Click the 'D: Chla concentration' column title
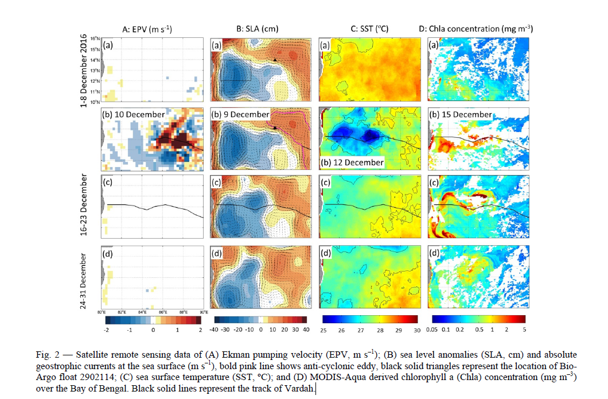coord(477,28)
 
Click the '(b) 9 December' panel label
coord(241,114)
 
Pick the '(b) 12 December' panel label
coord(351,162)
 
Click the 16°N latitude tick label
coord(95,38)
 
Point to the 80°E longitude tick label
coord(101,312)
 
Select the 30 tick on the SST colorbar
coord(417,330)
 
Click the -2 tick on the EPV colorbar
coord(106,330)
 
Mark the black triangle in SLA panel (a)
coord(275,59)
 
